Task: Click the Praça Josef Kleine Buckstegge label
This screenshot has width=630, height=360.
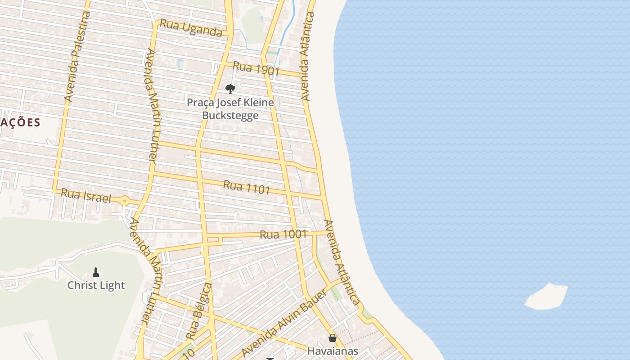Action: click(230, 109)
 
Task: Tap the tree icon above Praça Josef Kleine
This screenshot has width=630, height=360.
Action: click(230, 89)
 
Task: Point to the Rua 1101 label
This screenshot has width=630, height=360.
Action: click(247, 187)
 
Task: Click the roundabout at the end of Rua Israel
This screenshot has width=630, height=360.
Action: click(125, 201)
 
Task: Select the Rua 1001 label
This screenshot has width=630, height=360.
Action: click(283, 234)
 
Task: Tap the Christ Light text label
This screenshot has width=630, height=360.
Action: click(96, 285)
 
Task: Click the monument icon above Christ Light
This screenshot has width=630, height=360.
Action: click(96, 272)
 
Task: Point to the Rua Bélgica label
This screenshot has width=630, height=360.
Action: click(199, 311)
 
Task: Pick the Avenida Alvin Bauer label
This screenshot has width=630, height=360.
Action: click(283, 322)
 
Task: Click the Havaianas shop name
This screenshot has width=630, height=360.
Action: click(333, 351)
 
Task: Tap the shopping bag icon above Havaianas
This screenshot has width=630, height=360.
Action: click(333, 338)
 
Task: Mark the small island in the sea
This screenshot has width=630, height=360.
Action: click(546, 297)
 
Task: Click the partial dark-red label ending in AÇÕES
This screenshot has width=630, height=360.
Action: click(20, 122)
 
